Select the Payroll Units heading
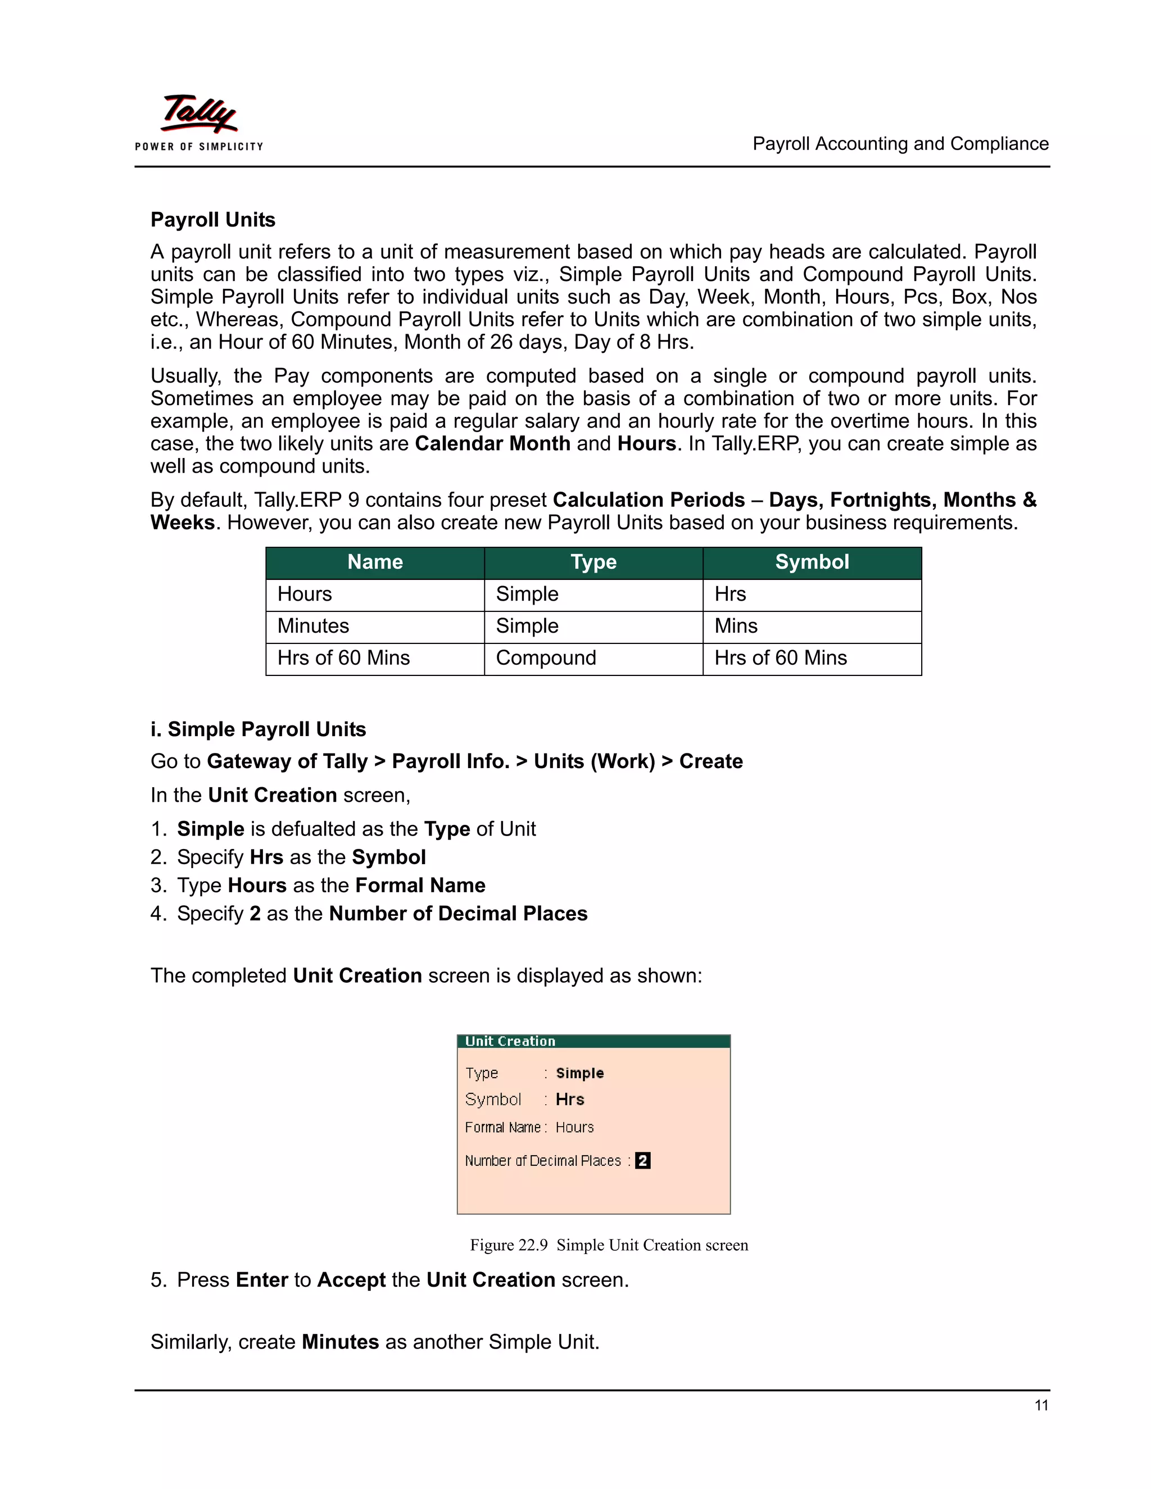tap(213, 220)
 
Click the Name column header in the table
tap(374, 562)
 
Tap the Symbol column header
tap(812, 562)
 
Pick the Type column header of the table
tap(593, 562)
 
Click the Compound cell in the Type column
tap(546, 658)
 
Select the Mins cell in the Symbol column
tap(736, 626)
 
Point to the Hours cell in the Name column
tap(304, 594)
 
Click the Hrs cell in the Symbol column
tap(729, 594)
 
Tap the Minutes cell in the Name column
tap(313, 626)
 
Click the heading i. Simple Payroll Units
tap(258, 729)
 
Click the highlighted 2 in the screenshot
tap(642, 1160)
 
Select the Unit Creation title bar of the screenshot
tap(593, 1041)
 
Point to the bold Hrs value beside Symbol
tap(569, 1100)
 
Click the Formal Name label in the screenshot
tap(502, 1128)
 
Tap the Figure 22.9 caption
tap(608, 1245)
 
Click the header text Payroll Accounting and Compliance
tap(900, 144)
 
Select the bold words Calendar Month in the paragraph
tap(492, 444)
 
